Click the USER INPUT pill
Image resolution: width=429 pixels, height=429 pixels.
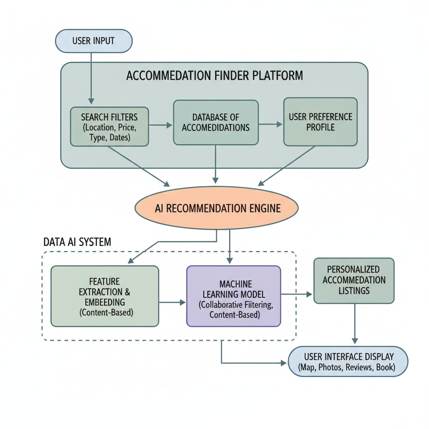tap(93, 41)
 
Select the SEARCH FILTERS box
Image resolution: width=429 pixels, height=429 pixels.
tap(109, 127)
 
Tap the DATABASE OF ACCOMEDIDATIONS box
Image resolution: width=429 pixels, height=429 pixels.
tap(215, 122)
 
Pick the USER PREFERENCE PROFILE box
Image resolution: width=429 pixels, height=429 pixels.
tap(320, 121)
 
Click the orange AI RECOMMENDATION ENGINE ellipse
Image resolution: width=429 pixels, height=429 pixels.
tap(216, 208)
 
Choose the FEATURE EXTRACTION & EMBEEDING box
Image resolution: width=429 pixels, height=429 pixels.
tap(105, 296)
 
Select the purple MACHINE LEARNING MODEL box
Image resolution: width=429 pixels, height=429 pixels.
tap(233, 296)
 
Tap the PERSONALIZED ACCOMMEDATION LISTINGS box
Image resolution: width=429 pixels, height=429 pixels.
tap(354, 280)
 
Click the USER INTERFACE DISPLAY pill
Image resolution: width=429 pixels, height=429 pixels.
tap(348, 362)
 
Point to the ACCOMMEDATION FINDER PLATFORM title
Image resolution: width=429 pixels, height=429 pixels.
tap(214, 76)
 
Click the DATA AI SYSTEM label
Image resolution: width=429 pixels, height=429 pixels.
tap(77, 242)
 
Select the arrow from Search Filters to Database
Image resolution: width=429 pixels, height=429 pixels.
tap(160, 125)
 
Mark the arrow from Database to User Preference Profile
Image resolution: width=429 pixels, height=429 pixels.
tap(271, 124)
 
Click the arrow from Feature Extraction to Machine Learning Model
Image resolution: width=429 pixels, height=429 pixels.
tap(172, 302)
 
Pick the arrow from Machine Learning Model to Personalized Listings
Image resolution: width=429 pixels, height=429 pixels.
tap(297, 295)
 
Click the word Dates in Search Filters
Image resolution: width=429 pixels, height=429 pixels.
tap(121, 137)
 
